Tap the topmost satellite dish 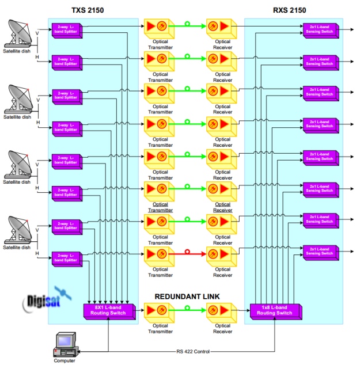coord(20,35)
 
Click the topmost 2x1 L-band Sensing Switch coord(321,28)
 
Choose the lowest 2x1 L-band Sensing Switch coord(321,251)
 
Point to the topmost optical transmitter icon coord(159,26)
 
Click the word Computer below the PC coord(64,361)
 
